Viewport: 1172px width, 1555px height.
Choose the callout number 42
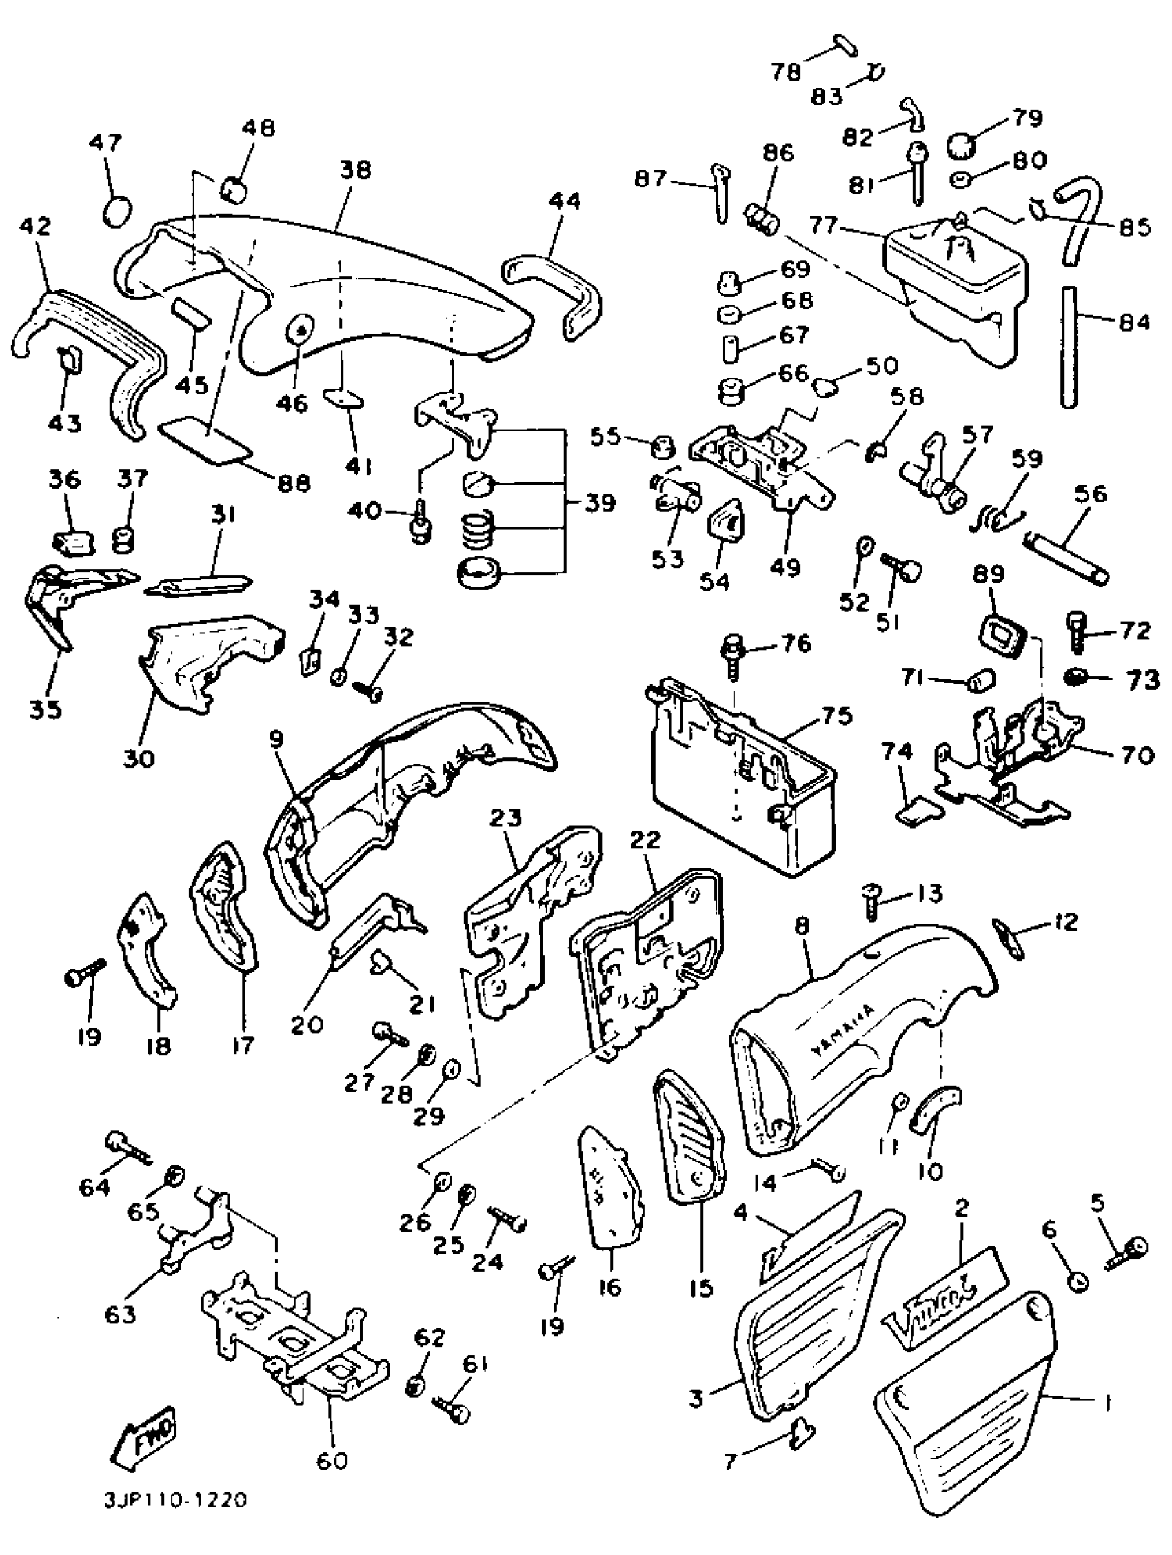click(x=36, y=226)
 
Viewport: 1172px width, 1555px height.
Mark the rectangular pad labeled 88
click(x=205, y=438)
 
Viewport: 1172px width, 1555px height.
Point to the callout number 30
click(x=139, y=759)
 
